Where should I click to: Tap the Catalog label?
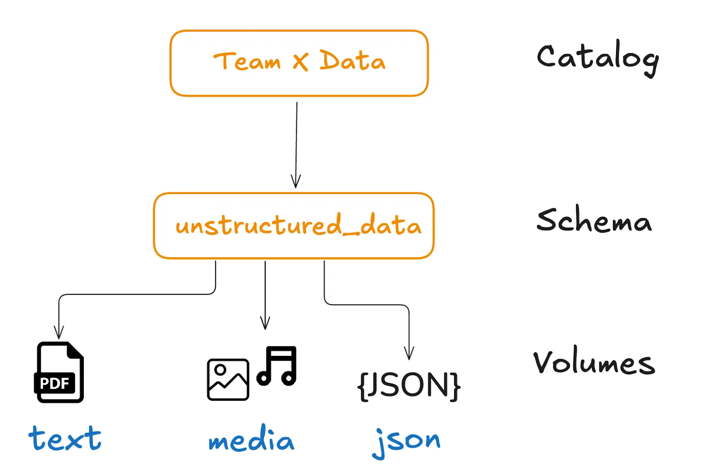click(597, 58)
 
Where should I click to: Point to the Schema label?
click(594, 220)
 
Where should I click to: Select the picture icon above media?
click(228, 379)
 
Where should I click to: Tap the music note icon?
click(277, 366)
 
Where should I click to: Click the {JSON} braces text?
click(408, 386)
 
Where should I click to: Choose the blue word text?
click(65, 438)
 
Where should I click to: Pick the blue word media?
click(251, 439)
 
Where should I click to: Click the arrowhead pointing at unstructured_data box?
click(296, 181)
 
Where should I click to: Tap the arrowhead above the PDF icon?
click(59, 332)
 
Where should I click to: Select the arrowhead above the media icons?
click(265, 323)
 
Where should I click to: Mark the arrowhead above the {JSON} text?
click(409, 353)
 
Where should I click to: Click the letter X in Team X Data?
click(301, 61)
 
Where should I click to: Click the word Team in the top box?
click(247, 61)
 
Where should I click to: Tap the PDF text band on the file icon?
click(54, 383)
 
